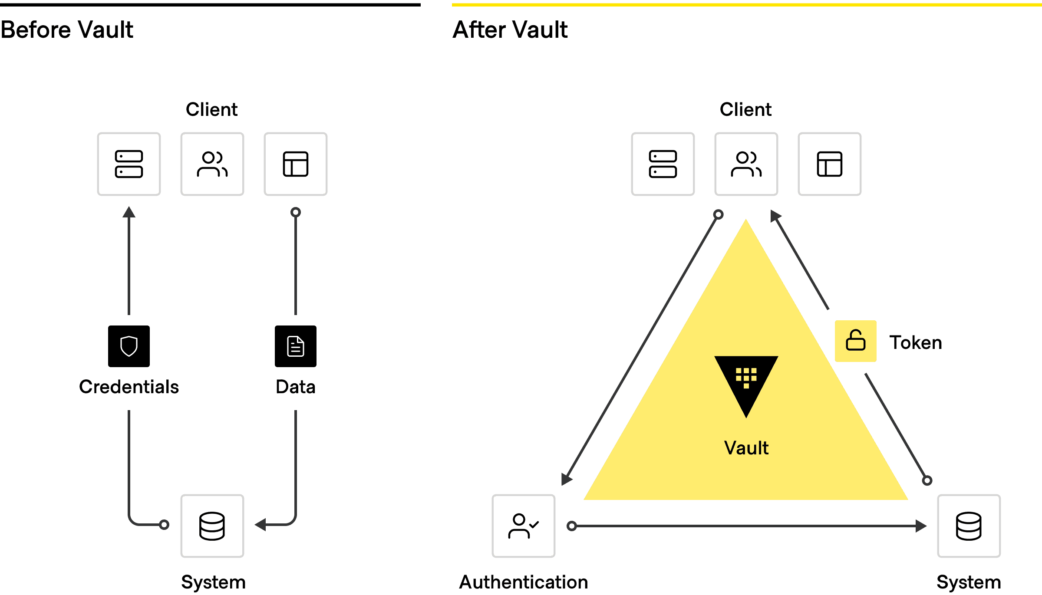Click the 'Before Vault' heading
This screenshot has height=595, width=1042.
coord(67,30)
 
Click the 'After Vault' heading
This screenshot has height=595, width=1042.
coord(510,30)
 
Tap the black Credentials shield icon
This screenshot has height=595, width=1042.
coord(129,346)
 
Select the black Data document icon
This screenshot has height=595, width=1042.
coord(296,346)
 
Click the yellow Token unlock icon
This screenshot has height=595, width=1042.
coord(855,341)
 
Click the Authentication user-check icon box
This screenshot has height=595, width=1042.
coord(524,526)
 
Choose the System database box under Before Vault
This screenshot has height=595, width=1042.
coord(212,526)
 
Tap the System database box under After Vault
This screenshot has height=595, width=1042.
coord(969,526)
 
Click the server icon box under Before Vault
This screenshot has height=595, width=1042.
coord(129,164)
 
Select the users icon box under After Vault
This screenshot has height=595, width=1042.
coord(746,164)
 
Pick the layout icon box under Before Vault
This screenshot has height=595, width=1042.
coord(296,164)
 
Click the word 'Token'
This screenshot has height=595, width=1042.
coord(916,343)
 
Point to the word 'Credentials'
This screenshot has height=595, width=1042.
coord(129,387)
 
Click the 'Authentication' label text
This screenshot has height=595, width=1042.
coord(524,582)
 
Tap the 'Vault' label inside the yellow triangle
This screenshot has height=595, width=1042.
coord(746,448)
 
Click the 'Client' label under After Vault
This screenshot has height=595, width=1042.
coord(745,109)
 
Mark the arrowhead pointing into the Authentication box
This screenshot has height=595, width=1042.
coord(566,479)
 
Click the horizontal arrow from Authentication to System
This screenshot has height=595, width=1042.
coord(747,526)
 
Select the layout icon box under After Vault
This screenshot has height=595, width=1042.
coord(830,164)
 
